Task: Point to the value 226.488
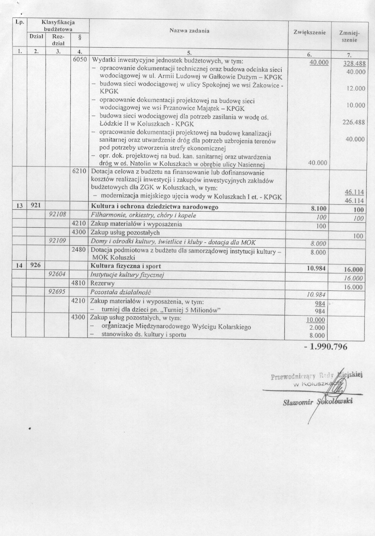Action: (x=353, y=122)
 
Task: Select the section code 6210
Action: (x=79, y=171)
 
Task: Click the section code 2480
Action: (x=79, y=249)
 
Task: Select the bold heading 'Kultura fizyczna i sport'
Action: (x=123, y=266)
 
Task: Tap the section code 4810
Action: (x=79, y=283)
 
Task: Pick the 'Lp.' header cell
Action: (x=19, y=22)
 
